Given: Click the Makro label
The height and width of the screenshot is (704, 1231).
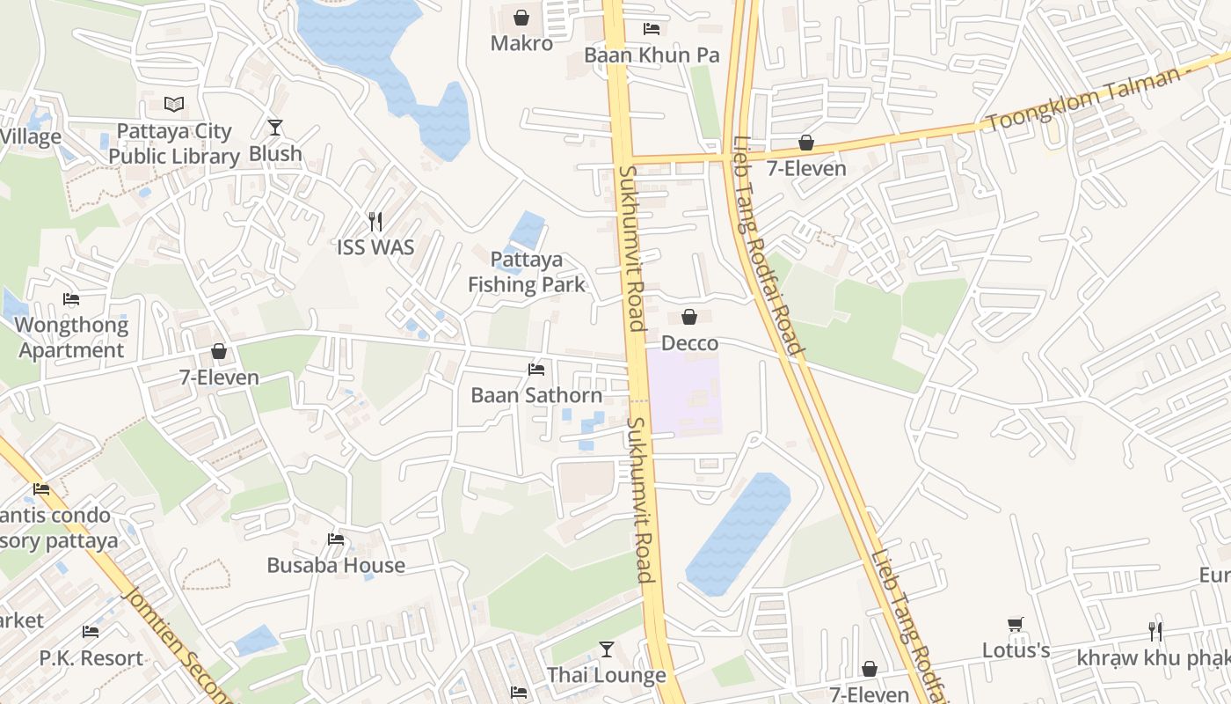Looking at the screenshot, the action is tap(521, 43).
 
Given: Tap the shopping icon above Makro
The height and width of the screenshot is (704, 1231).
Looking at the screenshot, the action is tap(521, 17).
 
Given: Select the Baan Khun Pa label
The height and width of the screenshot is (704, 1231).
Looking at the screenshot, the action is tap(652, 55).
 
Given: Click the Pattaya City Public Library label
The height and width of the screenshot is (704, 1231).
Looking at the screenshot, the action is tap(174, 143).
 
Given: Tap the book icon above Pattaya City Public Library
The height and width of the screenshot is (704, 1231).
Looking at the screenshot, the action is tap(174, 105).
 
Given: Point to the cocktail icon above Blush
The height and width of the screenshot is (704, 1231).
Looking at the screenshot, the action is tap(275, 128).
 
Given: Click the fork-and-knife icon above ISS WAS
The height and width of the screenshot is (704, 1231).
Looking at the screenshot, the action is tap(375, 221).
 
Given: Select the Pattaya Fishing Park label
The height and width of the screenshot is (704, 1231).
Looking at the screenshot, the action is tap(526, 272).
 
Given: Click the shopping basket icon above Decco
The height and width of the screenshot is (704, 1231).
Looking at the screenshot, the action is tap(689, 317).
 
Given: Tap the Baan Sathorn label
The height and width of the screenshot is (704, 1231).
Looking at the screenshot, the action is tap(536, 395).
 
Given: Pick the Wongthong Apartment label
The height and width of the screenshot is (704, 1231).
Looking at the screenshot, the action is tap(71, 337).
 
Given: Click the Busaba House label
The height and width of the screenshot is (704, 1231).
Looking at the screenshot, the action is tap(336, 565).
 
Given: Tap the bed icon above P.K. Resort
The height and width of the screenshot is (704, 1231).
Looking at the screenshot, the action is tap(91, 632).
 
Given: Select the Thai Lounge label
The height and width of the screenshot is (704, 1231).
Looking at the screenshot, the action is tap(607, 675).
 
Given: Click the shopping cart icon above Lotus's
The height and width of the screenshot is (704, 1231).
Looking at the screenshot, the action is tap(1016, 624).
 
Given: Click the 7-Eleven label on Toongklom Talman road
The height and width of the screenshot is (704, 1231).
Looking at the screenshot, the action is tap(806, 168).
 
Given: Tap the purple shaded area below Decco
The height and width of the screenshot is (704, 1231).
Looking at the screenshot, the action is tap(686, 396).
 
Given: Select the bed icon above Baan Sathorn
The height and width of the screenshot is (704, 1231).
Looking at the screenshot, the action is tap(536, 369).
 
